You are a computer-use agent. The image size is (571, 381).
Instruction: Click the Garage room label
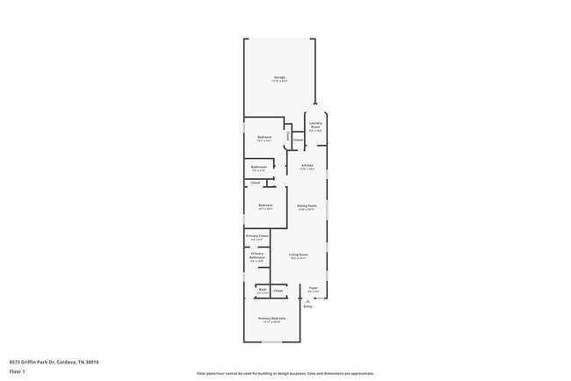[x=279, y=77]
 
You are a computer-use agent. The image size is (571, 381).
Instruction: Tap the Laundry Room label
[x=315, y=125]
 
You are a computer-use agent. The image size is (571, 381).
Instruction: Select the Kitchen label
[x=307, y=165]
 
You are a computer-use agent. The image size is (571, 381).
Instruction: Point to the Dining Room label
[x=307, y=206]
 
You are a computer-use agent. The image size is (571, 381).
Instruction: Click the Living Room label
[x=298, y=255]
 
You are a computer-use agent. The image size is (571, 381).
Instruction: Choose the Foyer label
[x=313, y=288]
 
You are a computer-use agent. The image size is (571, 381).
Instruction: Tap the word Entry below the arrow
[x=307, y=306]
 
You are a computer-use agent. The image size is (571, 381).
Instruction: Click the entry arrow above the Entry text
[x=307, y=299]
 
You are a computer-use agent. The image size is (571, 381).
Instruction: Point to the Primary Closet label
[x=257, y=236]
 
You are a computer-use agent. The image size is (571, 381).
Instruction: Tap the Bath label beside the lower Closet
[x=262, y=289]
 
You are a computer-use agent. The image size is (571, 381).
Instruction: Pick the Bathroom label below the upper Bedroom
[x=259, y=167]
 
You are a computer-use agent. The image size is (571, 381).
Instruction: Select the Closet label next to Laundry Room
[x=298, y=140]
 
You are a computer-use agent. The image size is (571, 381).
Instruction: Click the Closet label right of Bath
[x=278, y=290]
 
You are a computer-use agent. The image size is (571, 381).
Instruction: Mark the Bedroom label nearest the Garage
[x=264, y=137]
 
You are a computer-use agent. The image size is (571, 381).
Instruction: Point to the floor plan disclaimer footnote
[x=285, y=373]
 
